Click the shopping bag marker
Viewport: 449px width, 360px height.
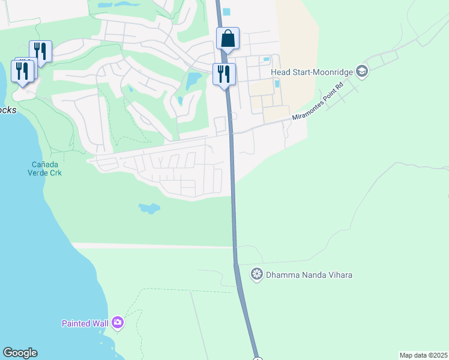click(228, 38)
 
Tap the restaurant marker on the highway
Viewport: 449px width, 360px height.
click(224, 74)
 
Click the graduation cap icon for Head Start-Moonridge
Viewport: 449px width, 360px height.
click(361, 72)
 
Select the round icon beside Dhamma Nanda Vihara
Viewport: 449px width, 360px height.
click(257, 275)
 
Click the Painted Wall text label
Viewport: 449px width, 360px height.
click(85, 323)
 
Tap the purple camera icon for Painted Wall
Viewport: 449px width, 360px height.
click(117, 323)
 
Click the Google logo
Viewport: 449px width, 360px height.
click(20, 353)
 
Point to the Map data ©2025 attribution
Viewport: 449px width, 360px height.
click(423, 355)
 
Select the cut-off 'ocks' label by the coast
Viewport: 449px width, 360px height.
click(8, 110)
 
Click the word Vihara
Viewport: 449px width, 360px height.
click(340, 275)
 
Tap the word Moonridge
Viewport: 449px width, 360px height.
click(332, 72)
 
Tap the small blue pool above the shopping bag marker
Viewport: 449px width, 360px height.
click(226, 11)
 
